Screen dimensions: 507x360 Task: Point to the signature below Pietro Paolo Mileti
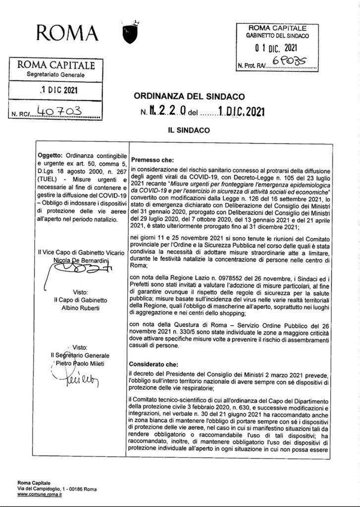76,381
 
